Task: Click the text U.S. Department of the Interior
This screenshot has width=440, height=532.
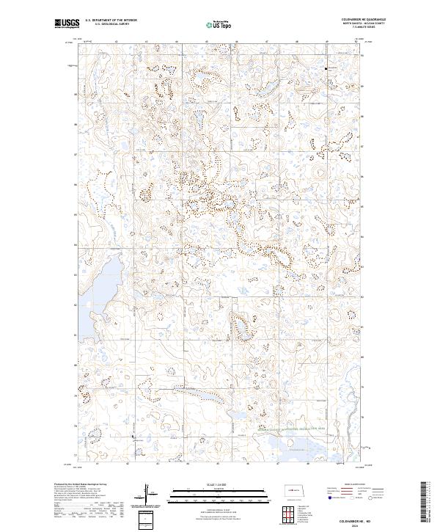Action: [111, 19]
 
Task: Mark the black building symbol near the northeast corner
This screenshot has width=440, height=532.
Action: [326, 68]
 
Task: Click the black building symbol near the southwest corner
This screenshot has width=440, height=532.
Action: [133, 438]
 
